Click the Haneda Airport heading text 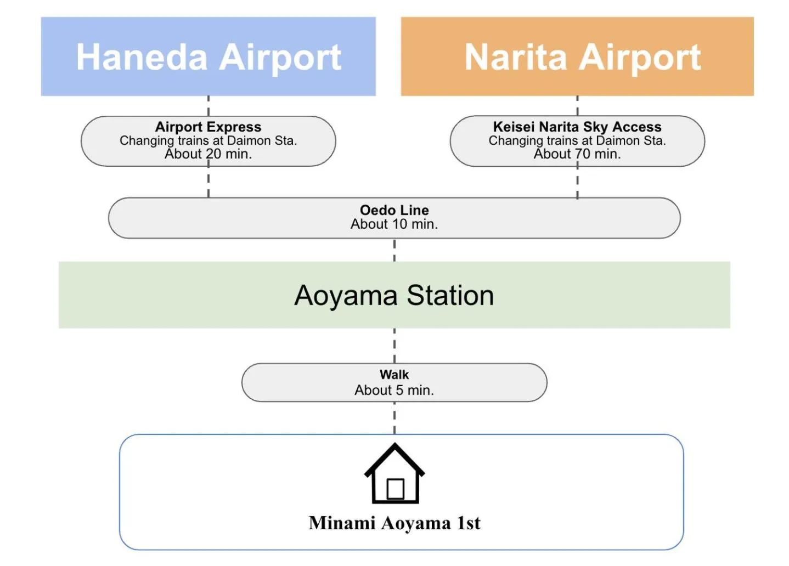click(208, 57)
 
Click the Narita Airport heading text click(582, 57)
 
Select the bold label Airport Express click(208, 127)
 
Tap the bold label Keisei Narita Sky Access click(577, 127)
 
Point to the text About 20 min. click(208, 154)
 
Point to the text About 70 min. click(577, 154)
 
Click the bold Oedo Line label click(394, 210)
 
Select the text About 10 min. click(394, 224)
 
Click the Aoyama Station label click(394, 296)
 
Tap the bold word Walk click(394, 375)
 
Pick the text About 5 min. click(394, 390)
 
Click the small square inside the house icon click(395, 489)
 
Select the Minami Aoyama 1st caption click(394, 523)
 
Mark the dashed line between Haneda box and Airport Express click(208, 106)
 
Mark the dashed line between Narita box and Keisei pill click(577, 106)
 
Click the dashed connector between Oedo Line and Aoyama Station click(394, 250)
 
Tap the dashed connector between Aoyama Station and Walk click(394, 346)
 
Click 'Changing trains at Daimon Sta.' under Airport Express click(208, 140)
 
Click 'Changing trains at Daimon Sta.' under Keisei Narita click(577, 140)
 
